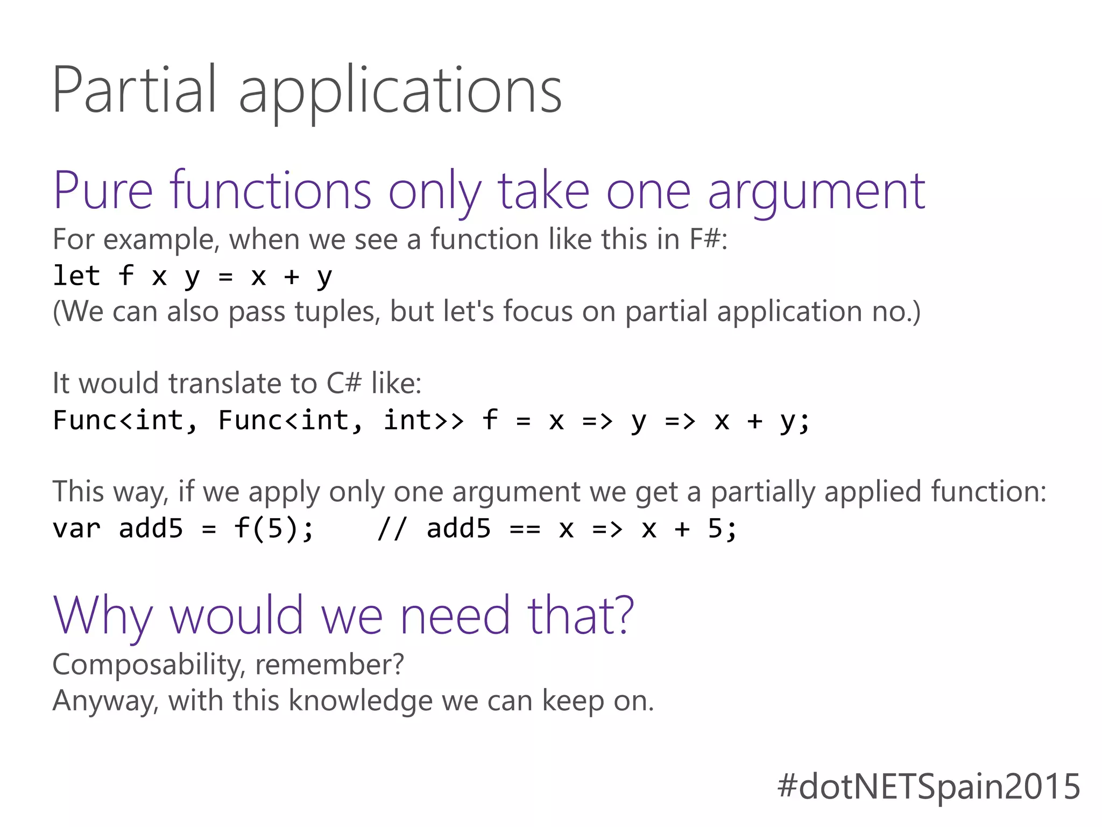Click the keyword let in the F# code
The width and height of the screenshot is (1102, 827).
point(76,276)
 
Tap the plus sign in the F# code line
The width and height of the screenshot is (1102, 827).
point(291,277)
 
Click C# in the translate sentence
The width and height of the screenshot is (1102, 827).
point(344,383)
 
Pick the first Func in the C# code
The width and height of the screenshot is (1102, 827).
point(86,420)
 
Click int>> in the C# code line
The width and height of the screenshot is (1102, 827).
point(423,420)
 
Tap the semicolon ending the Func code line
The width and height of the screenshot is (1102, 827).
point(804,421)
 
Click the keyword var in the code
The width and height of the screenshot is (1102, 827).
point(76,528)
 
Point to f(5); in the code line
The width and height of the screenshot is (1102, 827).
point(273,528)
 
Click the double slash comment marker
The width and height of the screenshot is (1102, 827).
point(392,528)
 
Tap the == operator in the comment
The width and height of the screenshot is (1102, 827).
point(525,529)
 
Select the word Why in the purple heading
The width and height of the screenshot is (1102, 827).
point(103,616)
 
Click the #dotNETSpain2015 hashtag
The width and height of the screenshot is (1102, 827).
point(929,787)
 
